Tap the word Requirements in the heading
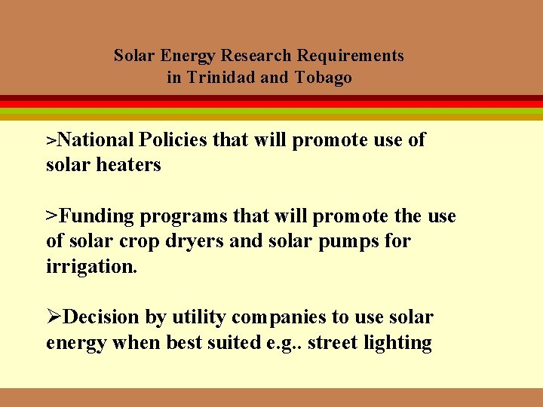click(x=351, y=56)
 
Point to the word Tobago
click(x=324, y=78)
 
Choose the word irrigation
click(x=92, y=267)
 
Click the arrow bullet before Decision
click(x=54, y=317)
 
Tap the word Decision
click(x=103, y=317)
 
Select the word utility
click(x=198, y=317)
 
